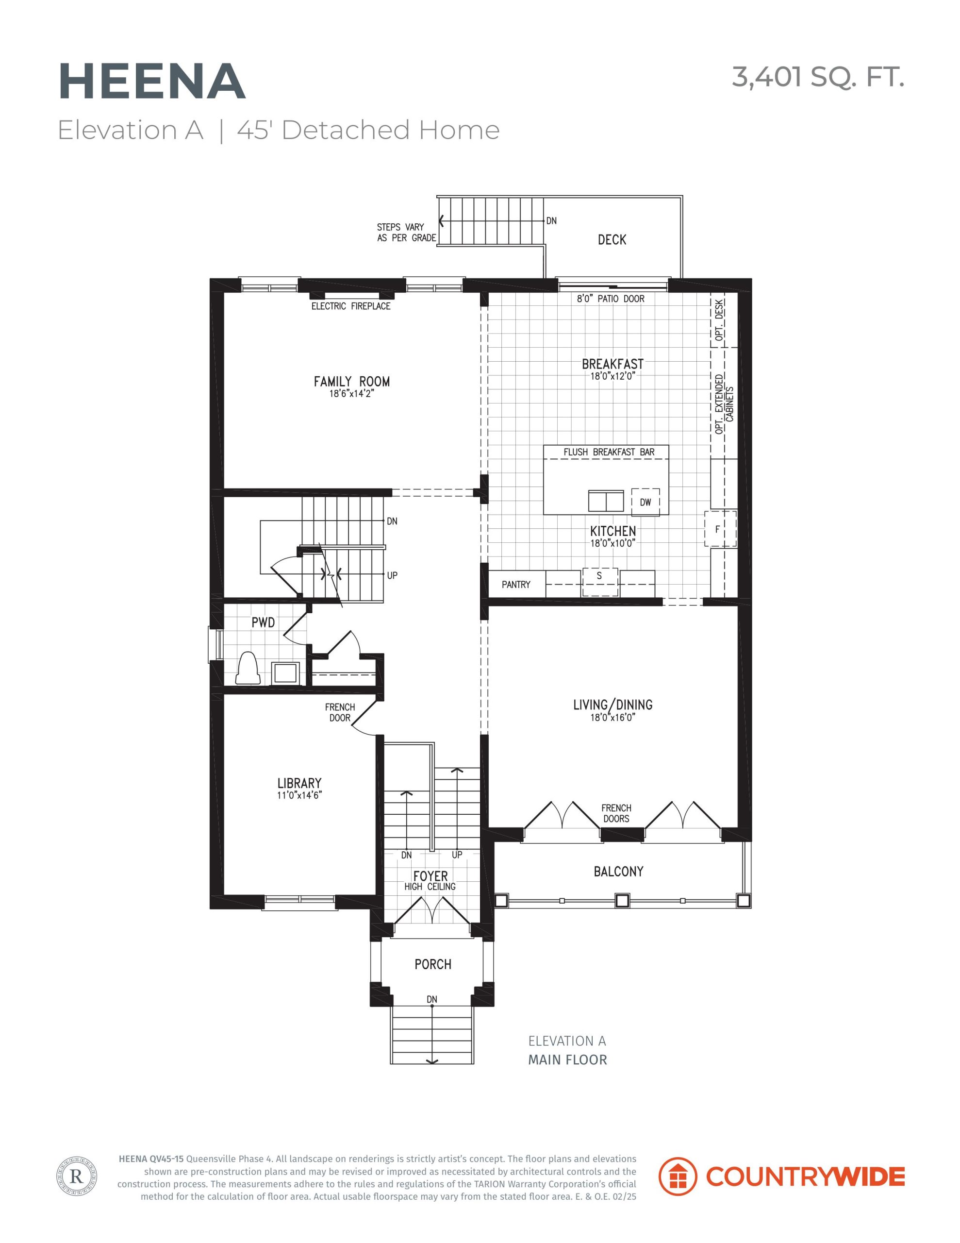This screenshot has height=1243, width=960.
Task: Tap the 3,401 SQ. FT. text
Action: point(817,77)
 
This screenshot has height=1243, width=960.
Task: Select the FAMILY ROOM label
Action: point(352,381)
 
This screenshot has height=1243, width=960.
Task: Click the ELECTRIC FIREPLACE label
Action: point(350,306)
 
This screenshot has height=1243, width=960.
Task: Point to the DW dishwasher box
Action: point(646,502)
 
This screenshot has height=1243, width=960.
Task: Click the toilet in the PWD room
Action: point(248,668)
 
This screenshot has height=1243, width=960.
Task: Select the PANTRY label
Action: point(515,585)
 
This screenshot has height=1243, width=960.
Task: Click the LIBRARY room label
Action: point(299,783)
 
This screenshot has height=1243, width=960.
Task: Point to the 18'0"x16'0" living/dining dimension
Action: point(612,718)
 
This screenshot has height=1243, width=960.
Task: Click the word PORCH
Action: point(432,964)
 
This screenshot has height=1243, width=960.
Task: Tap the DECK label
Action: point(612,239)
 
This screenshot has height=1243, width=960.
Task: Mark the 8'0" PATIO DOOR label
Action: point(611,299)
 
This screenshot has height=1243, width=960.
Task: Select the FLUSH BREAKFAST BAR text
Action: point(609,452)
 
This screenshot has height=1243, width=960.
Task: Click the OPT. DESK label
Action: point(720,320)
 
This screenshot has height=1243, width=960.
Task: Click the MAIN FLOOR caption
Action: point(567,1060)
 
